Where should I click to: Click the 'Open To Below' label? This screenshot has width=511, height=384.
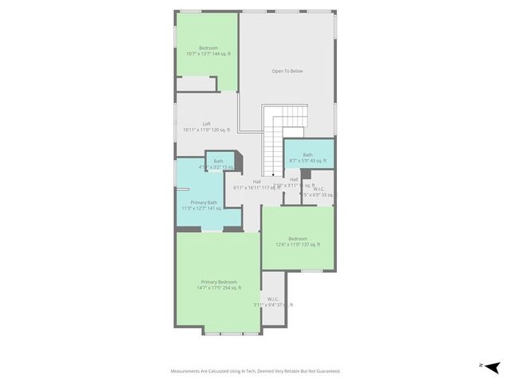(x=287, y=71)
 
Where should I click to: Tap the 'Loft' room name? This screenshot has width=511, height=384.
(x=207, y=124)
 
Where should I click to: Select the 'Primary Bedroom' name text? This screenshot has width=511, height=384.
(x=219, y=282)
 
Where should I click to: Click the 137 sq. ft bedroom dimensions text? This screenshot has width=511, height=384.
(x=298, y=244)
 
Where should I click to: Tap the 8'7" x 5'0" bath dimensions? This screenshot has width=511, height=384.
(x=307, y=160)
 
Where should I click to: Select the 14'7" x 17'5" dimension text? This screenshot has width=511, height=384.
(x=220, y=288)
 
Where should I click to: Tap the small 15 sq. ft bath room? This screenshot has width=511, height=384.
(x=220, y=164)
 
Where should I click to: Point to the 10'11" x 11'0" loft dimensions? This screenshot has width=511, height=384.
(x=207, y=130)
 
